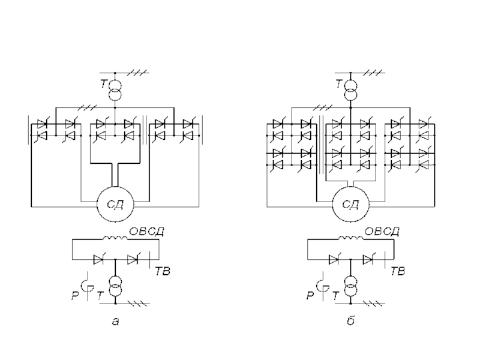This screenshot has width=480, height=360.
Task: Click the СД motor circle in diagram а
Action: (x=115, y=206)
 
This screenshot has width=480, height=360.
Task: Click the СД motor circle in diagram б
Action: (x=350, y=206)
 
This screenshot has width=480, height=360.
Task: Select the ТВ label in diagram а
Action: (x=163, y=272)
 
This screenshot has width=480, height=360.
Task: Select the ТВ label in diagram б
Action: (x=398, y=272)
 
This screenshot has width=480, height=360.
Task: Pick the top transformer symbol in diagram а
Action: (x=115, y=89)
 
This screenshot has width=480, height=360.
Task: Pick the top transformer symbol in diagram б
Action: (x=350, y=89)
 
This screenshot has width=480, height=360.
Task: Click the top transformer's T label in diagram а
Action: (x=104, y=85)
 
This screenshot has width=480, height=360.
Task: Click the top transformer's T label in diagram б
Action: (x=339, y=85)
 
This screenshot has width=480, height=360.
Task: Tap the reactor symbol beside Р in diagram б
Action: (x=322, y=284)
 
